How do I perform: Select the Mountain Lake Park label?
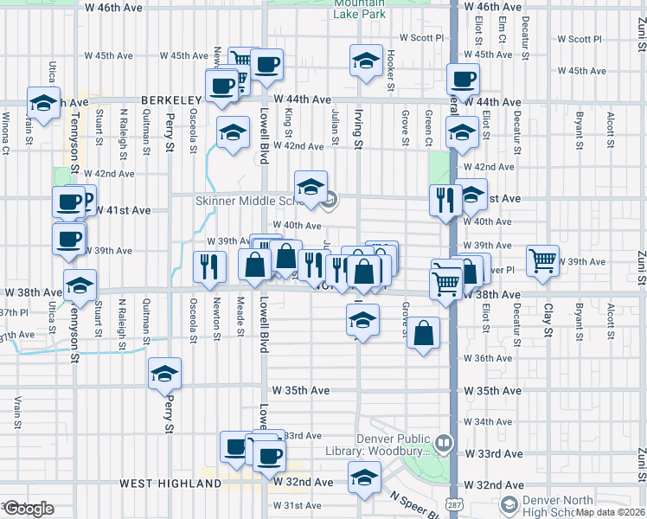pyautogui.click(x=360, y=9)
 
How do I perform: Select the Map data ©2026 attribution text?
pyautogui.click(x=611, y=512)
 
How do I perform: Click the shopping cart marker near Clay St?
pyautogui.click(x=542, y=259)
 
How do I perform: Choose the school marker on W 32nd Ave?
pyautogui.click(x=364, y=477)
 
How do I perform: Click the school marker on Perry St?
pyautogui.click(x=164, y=374)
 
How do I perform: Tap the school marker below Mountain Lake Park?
pyautogui.click(x=366, y=61)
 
